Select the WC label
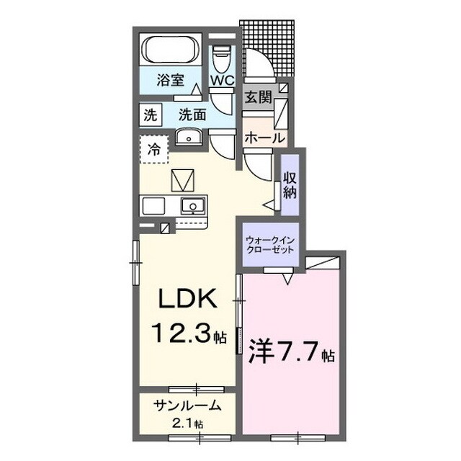222,80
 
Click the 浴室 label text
170,80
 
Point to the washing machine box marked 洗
151,115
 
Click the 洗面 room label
192,115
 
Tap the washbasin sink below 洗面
189,138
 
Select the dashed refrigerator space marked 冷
153,149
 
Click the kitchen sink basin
193,205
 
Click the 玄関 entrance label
259,97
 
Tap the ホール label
265,138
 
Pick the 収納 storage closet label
290,185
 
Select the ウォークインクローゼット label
270,245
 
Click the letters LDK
188,298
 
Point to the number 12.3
181,333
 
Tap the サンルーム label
187,406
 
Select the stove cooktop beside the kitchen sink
153,206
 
